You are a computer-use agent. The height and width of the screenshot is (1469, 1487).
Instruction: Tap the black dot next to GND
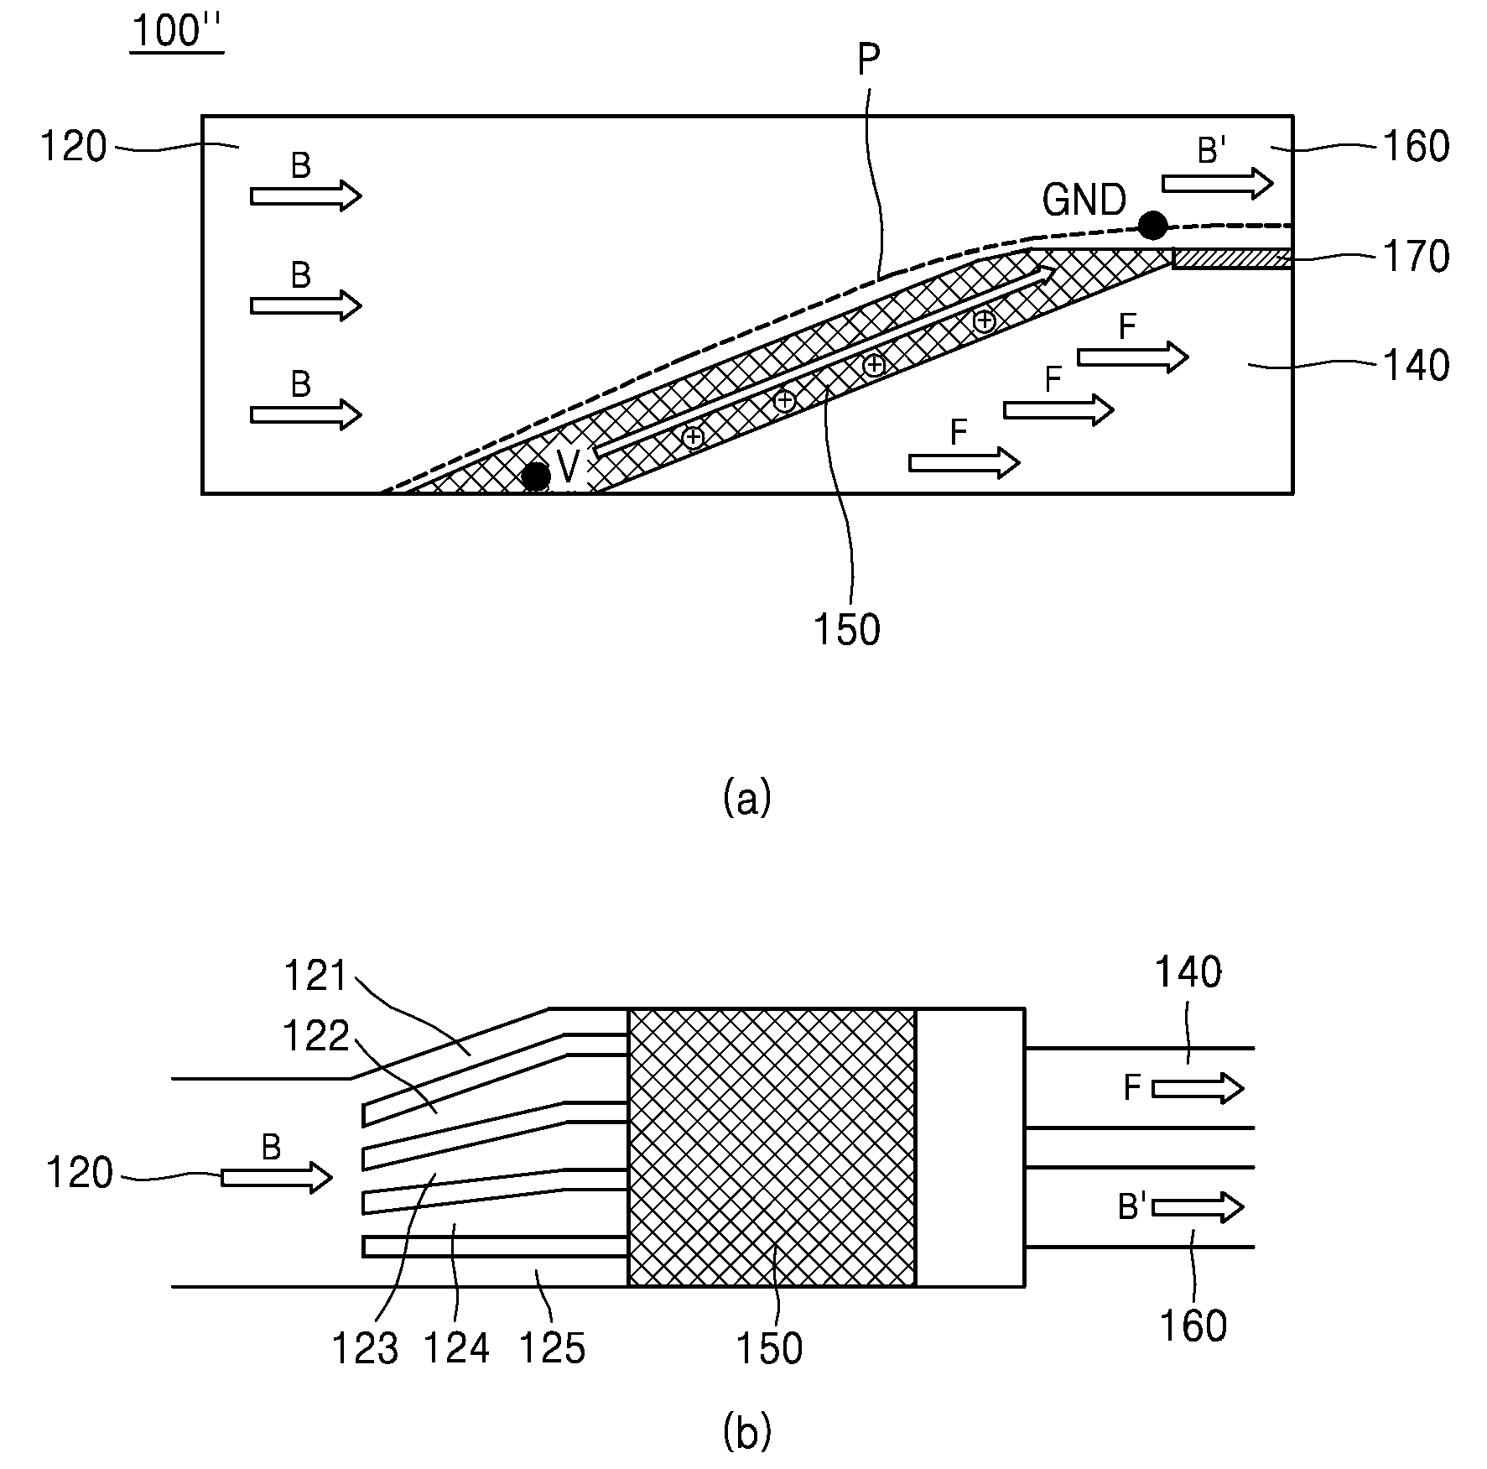(1152, 224)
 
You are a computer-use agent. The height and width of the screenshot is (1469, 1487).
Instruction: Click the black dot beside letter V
(536, 476)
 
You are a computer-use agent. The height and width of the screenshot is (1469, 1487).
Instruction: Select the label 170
(1416, 257)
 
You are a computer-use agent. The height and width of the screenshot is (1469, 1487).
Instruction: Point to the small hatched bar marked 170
(1232, 258)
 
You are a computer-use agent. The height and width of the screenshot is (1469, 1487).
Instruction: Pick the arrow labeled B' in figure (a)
(1218, 183)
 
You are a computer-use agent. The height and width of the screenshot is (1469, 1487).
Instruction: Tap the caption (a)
(746, 798)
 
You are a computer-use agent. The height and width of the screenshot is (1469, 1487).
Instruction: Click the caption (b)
(746, 1432)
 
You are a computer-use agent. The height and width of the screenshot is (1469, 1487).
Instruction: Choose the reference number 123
(366, 1349)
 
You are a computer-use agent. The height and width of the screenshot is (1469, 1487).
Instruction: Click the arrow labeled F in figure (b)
(1198, 1089)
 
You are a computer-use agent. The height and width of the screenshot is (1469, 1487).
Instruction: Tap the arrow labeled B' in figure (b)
(1198, 1207)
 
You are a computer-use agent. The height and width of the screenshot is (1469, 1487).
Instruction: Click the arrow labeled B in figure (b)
(277, 1178)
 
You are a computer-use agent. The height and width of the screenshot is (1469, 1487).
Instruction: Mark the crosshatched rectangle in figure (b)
(772, 1147)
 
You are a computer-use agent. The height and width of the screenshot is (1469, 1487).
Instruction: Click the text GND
(1084, 201)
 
